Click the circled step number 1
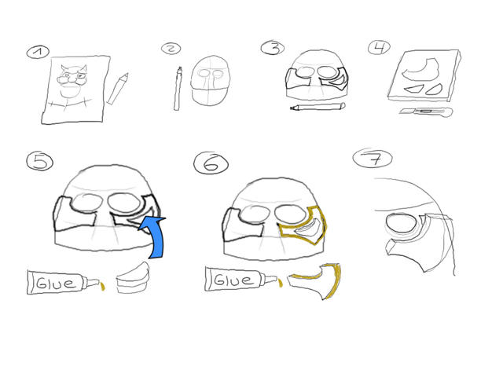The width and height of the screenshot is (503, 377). click(38, 53)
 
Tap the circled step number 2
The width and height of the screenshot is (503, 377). click(171, 49)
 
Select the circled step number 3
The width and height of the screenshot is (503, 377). click(273, 48)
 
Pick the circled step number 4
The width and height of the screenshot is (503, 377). click(379, 48)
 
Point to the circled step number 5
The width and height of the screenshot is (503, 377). click(40, 161)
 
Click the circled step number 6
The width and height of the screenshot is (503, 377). click(211, 163)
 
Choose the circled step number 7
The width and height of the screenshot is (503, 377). click(373, 158)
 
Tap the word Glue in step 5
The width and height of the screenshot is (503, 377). click(56, 283)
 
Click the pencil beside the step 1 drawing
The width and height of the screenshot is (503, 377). click(117, 89)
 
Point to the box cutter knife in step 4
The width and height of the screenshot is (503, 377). click(426, 112)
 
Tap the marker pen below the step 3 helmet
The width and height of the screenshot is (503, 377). click(318, 107)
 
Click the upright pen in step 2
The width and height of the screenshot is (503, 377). click(178, 89)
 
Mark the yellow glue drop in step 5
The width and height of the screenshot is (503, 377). click(103, 286)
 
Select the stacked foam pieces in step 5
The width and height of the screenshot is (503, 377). click(133, 277)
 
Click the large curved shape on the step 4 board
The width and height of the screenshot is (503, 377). click(420, 69)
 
